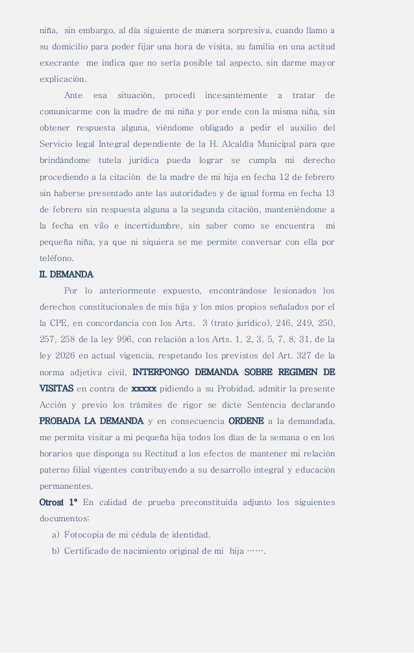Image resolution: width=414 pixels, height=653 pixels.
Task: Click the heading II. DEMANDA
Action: (x=67, y=274)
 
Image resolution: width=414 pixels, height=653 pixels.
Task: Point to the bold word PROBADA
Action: (x=65, y=421)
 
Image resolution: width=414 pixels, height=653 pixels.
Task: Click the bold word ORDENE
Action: (x=246, y=421)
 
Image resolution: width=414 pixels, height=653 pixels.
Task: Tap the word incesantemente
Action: (x=237, y=95)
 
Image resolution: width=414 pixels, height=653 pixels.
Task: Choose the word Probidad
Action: (x=239, y=388)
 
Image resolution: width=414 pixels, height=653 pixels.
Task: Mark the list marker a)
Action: (x=56, y=535)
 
